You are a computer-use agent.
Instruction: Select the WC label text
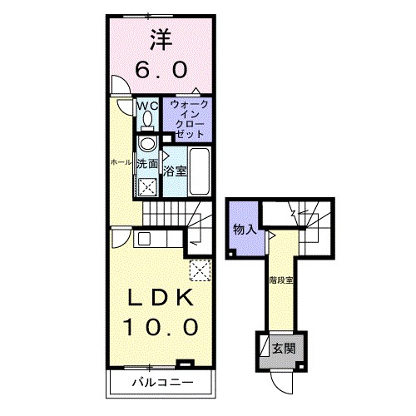tap(146, 106)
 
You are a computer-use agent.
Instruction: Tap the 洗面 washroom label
tap(147, 164)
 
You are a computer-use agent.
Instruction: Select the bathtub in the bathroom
tap(201, 166)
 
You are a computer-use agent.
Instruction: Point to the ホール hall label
tap(120, 162)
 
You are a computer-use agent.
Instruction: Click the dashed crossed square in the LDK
tap(200, 269)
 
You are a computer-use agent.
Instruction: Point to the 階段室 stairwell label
tap(281, 280)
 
